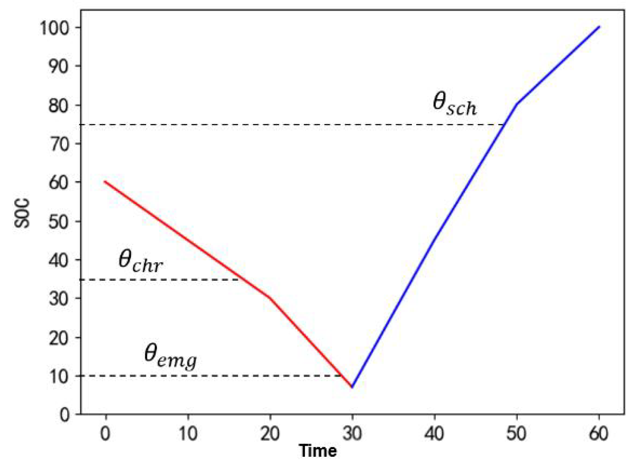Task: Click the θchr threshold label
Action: (x=140, y=261)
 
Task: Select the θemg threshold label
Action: (x=170, y=356)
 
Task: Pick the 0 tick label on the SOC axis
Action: (x=65, y=414)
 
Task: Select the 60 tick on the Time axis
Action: (x=598, y=433)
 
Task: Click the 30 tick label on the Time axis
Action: (x=352, y=433)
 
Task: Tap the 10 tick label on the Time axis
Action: (x=188, y=433)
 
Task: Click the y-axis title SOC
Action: (x=23, y=213)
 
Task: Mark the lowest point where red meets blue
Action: (x=352, y=387)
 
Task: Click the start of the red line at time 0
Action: (x=105, y=182)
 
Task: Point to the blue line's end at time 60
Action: (x=599, y=27)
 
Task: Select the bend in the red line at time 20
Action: (x=270, y=298)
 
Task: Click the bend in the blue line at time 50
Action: (x=516, y=104)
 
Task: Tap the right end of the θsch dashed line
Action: (x=503, y=125)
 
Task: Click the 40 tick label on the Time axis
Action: (x=434, y=433)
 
